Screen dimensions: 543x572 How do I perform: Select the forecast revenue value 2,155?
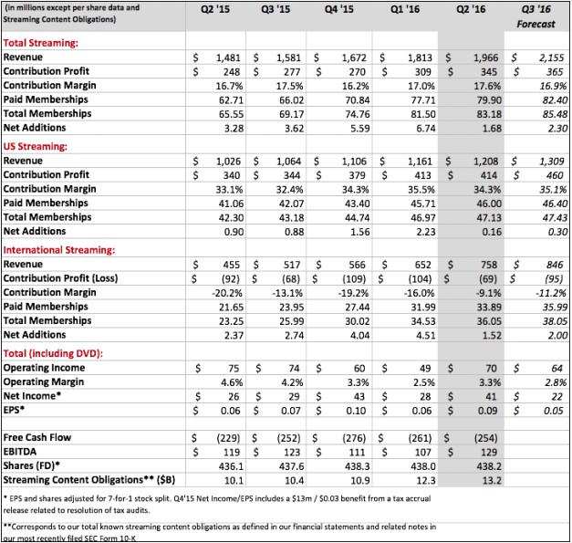click(546, 57)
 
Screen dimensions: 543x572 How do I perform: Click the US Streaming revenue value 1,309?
click(546, 160)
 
